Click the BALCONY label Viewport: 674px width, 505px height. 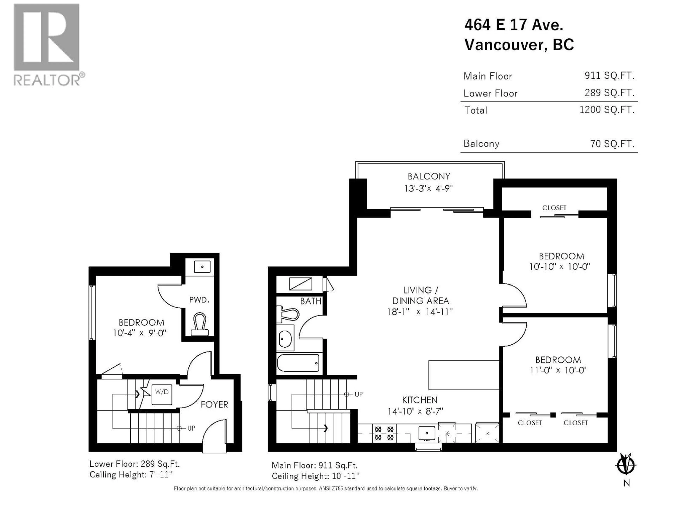429,177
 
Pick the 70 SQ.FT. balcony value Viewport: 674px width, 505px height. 612,143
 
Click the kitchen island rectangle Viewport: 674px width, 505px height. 463,375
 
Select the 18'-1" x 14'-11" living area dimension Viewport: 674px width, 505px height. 419,312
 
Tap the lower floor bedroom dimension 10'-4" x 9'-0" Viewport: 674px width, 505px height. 140,333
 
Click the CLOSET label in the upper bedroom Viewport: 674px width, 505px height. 554,208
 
